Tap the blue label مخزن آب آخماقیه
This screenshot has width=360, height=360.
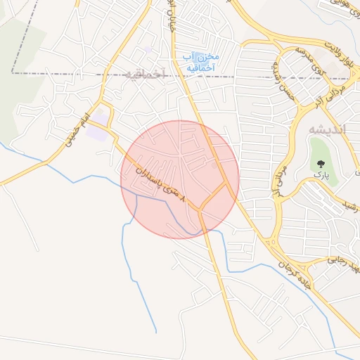201,62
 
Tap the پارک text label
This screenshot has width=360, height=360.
321,173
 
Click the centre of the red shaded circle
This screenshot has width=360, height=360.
180,179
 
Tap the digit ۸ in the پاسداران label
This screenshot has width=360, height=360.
184,201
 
